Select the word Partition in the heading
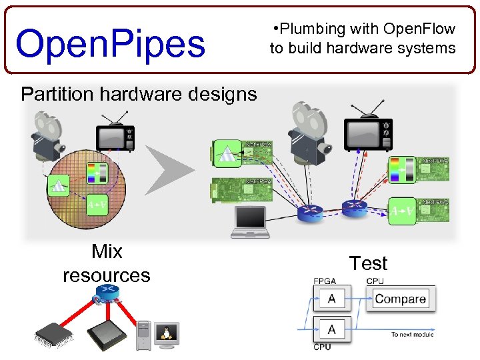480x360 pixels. click(57, 94)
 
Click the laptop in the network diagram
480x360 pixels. click(251, 222)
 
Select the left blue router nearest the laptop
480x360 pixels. click(309, 213)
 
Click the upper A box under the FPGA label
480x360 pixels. click(331, 299)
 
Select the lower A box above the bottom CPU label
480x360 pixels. click(331, 329)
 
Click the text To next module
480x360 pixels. click(411, 335)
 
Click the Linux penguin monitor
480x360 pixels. click(167, 334)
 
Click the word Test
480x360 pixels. click(368, 263)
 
